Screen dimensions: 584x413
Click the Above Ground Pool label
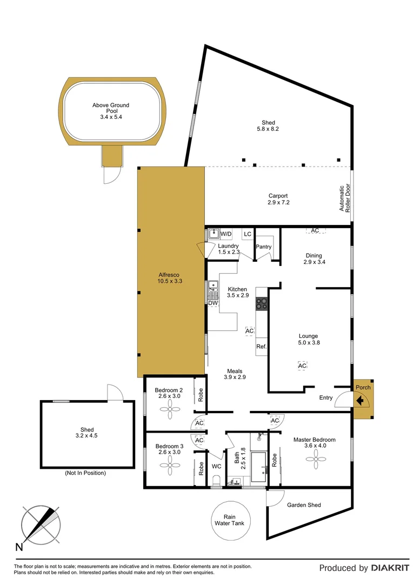(111, 111)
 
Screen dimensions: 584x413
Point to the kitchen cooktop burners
(262, 304)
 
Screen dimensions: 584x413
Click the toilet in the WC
(216, 480)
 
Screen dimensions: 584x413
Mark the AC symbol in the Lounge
(302, 366)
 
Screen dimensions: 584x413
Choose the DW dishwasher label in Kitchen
(213, 303)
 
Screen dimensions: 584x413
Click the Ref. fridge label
(262, 347)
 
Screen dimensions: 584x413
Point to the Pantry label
(263, 247)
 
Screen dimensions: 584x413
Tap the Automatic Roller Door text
(344, 198)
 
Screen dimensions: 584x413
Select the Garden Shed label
(304, 505)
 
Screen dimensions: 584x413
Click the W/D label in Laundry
(226, 234)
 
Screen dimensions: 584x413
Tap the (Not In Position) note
(85, 473)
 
